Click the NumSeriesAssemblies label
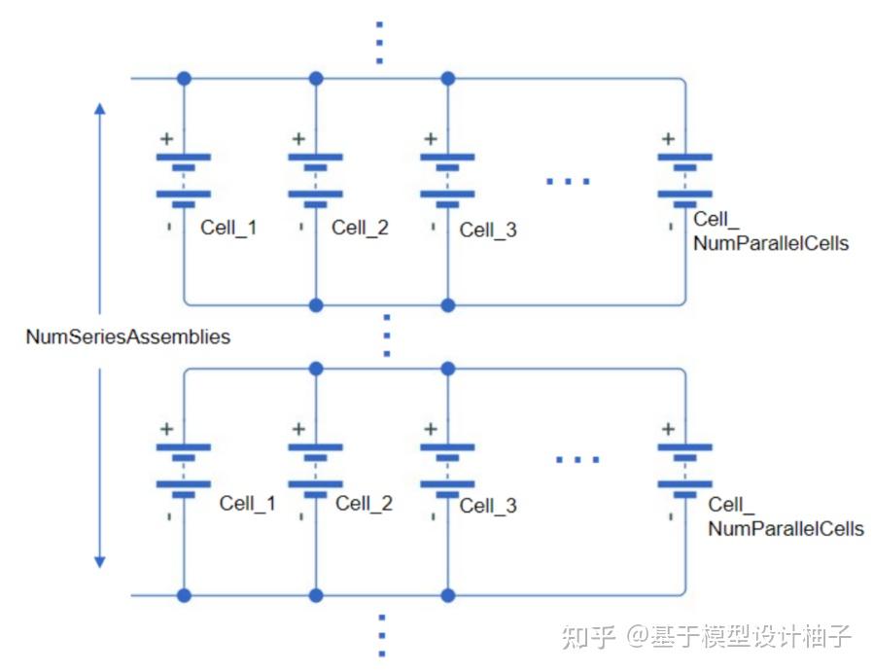[128, 337]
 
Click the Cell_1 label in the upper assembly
[228, 228]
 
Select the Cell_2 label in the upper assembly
[360, 228]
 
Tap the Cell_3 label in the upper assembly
[488, 230]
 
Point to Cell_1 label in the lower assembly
[247, 503]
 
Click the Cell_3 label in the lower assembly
[488, 506]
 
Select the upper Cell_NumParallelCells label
[770, 233]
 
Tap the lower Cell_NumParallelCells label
[786, 517]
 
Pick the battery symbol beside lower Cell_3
[447, 465]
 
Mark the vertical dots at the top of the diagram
[380, 42]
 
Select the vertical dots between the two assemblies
[386, 336]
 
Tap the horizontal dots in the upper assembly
[568, 181]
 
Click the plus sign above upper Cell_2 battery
[298, 139]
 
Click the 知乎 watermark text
[588, 637]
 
